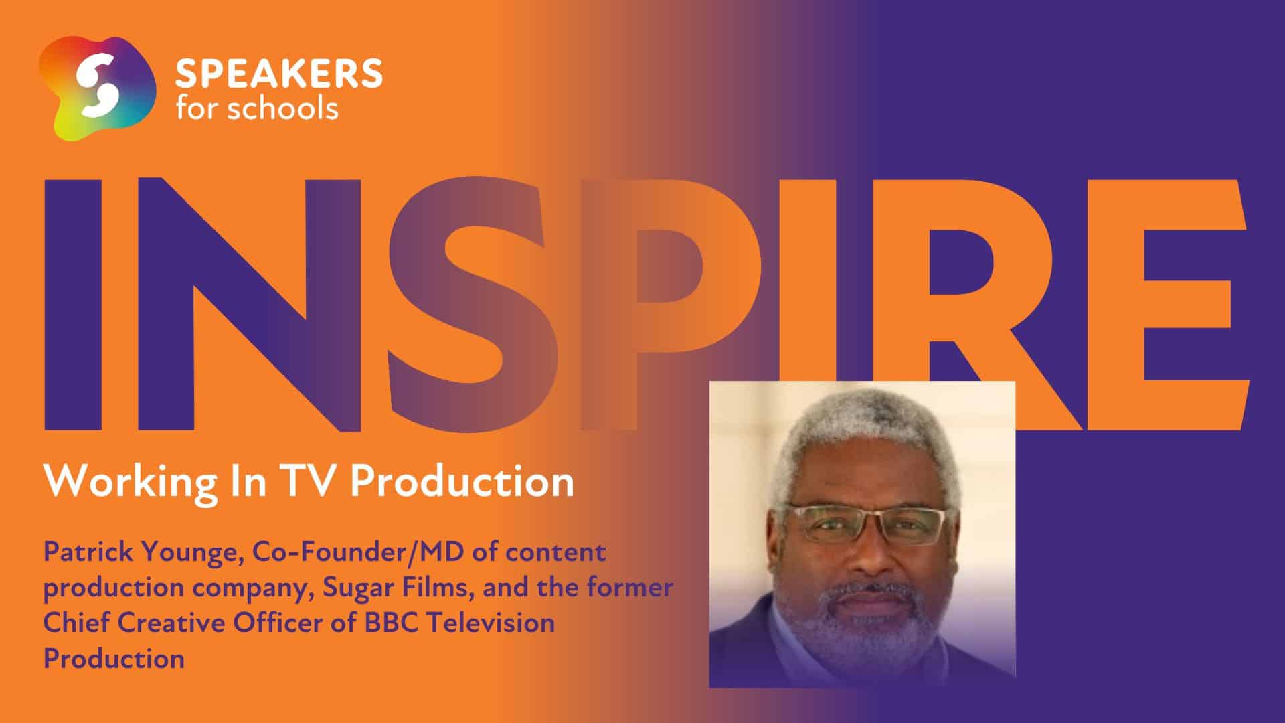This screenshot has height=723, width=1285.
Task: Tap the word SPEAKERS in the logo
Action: click(279, 74)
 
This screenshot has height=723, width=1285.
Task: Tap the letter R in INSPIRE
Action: click(993, 304)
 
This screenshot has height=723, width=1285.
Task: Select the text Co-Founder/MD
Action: click(345, 553)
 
